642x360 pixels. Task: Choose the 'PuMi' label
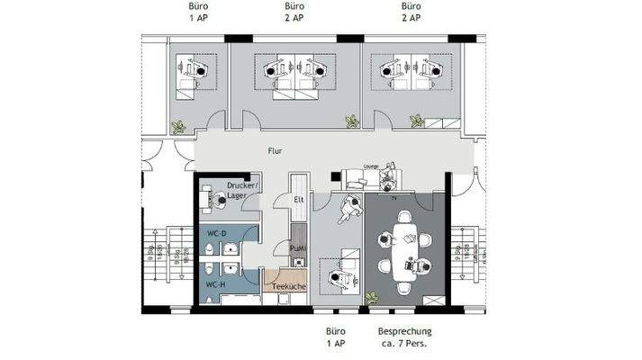[x=297, y=247]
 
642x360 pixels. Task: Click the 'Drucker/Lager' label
[x=242, y=190]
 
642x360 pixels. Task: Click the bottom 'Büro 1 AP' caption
[x=336, y=337]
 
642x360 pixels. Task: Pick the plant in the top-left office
[x=179, y=127]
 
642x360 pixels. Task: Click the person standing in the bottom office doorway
[x=347, y=210]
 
